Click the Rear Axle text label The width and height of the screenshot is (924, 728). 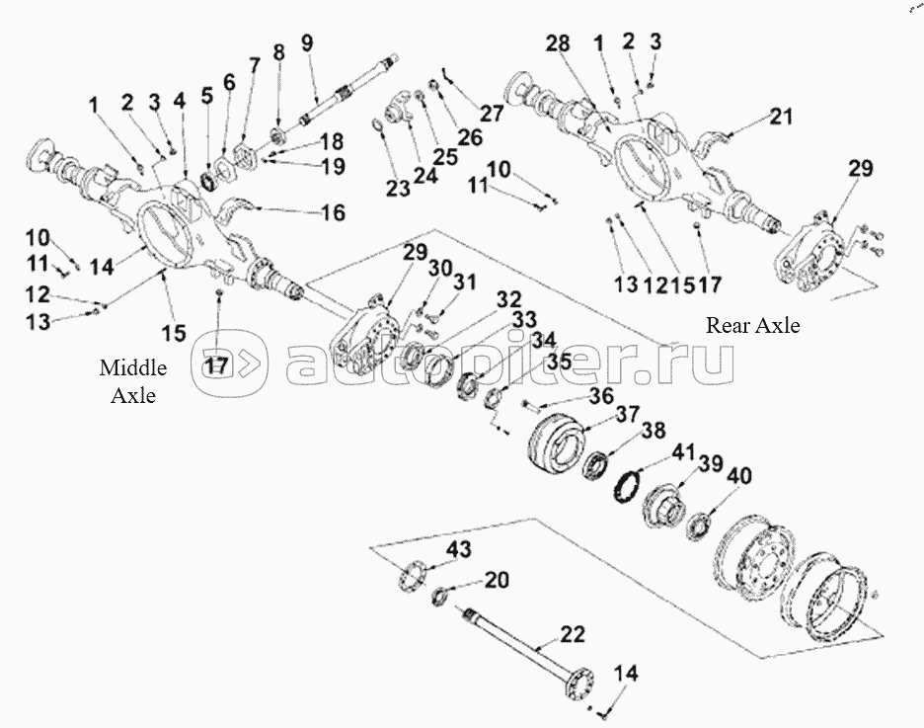tap(753, 325)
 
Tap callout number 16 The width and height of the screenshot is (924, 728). tap(332, 211)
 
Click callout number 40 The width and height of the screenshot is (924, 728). tap(739, 476)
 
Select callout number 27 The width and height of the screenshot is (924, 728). tap(492, 114)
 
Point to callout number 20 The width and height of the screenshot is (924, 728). tap(497, 580)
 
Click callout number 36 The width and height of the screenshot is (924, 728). tap(601, 398)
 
